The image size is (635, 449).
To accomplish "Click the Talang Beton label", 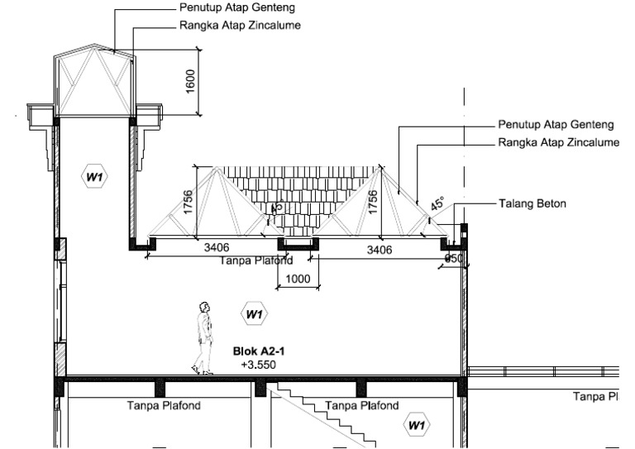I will click(532, 203).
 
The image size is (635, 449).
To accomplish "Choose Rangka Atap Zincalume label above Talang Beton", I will click(559, 143).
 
